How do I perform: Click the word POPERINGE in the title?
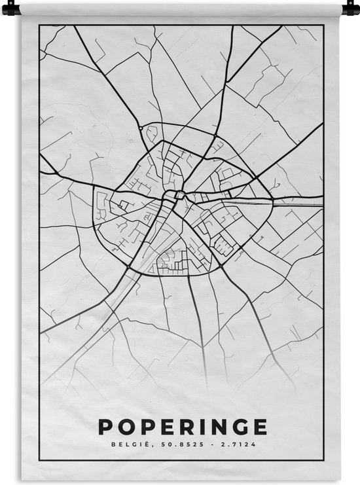[183, 426]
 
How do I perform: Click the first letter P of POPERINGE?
[105, 426]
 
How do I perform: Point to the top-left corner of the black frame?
[40, 26]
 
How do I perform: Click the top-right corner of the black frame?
[324, 26]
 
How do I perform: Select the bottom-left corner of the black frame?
[40, 461]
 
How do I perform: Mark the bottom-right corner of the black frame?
[324, 461]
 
